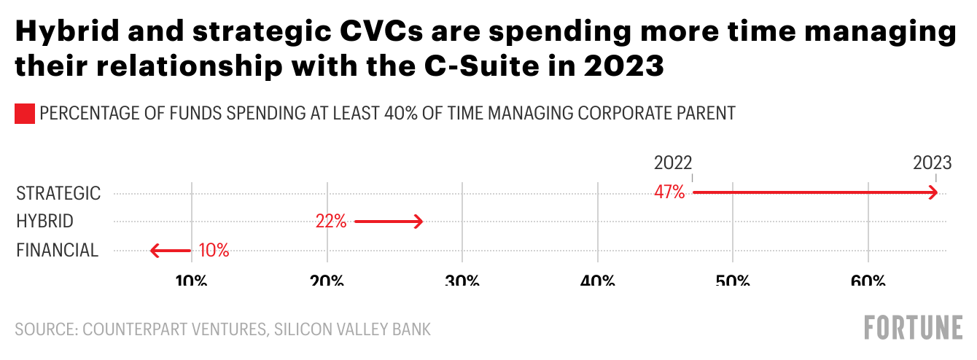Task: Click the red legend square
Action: (25, 114)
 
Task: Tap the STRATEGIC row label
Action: (58, 193)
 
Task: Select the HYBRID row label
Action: (44, 222)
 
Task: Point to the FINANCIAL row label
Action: (57, 251)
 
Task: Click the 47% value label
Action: (670, 193)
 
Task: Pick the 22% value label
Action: (331, 222)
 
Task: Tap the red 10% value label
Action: (214, 251)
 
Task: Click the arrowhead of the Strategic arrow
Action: (933, 193)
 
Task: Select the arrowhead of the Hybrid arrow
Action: (418, 222)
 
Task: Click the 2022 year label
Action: (673, 162)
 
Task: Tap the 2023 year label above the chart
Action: (933, 162)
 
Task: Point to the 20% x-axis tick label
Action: (327, 281)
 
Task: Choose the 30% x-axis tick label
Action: (462, 281)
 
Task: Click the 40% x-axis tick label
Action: (598, 281)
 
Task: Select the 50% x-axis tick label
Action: (733, 281)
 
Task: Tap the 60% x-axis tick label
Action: (868, 281)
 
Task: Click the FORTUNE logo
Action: (913, 328)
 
